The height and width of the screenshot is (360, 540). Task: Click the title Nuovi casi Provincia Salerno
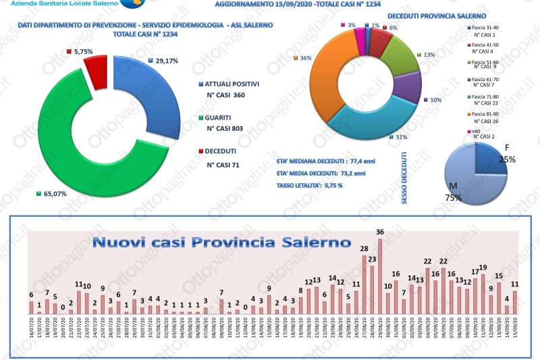tap(221, 241)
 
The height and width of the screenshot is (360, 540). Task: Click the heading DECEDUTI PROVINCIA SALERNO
tap(428, 15)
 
